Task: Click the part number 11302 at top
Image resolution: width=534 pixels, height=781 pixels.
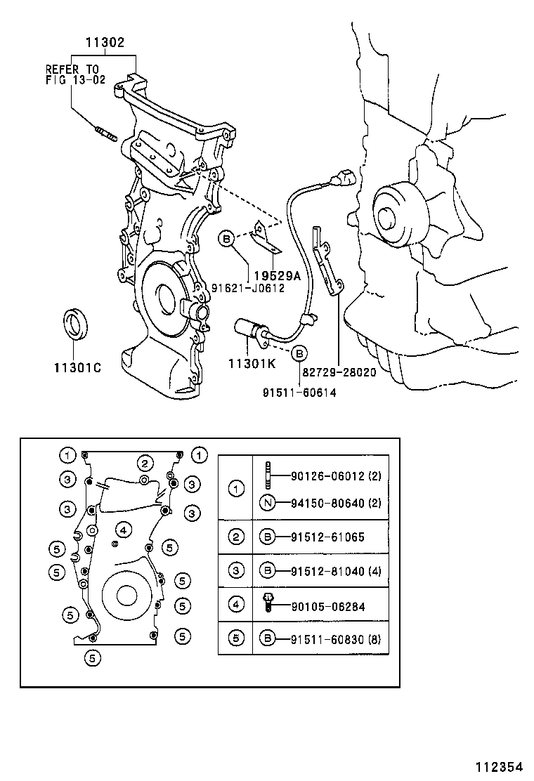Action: point(105,43)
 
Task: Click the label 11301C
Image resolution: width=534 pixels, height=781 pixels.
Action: point(77,367)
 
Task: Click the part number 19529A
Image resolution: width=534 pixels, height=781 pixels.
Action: point(276,275)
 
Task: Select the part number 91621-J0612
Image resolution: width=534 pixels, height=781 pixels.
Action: point(248,288)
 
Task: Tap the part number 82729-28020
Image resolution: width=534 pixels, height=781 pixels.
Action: point(339,372)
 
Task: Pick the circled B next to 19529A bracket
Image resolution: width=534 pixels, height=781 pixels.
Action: point(226,239)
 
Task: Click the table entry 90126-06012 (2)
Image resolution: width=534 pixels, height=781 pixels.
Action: point(336,476)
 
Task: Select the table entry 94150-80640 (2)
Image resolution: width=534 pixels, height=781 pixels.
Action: point(336,503)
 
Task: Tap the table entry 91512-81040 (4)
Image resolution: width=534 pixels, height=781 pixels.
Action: point(336,571)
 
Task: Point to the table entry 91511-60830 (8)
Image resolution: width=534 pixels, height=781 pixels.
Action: point(336,638)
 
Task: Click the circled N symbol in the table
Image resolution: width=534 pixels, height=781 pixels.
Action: point(267,503)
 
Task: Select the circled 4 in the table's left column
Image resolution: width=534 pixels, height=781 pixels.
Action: point(236,605)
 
